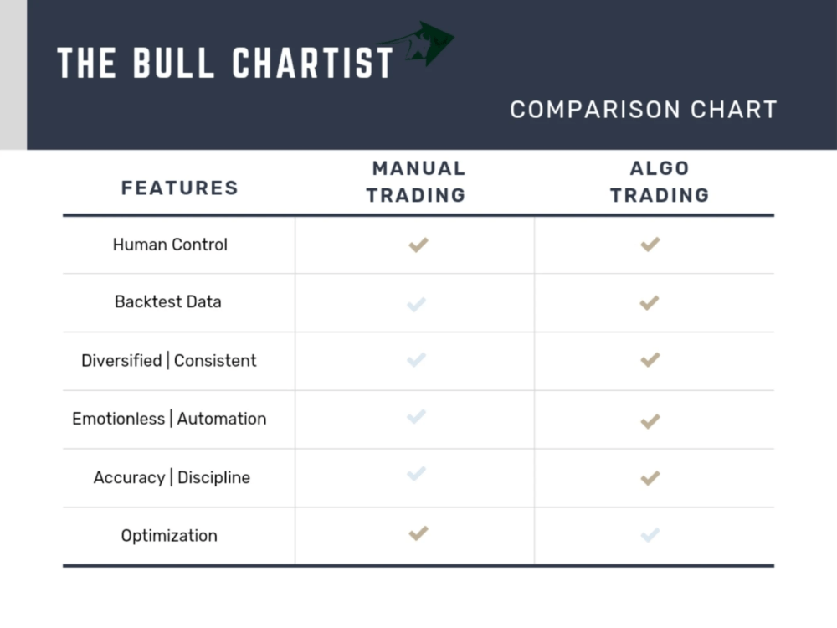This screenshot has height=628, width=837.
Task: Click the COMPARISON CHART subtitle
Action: tap(643, 110)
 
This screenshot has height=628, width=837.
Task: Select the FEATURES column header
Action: tap(179, 188)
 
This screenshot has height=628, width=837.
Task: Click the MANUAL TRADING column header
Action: tap(417, 182)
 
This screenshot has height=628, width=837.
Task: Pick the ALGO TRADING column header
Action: tap(659, 182)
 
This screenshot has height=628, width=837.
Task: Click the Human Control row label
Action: tap(170, 245)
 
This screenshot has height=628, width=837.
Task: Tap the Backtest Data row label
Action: tap(167, 301)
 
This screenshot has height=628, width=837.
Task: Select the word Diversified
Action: tap(121, 361)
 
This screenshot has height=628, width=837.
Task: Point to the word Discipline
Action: tap(213, 477)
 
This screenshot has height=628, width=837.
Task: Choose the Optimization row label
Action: tap(169, 536)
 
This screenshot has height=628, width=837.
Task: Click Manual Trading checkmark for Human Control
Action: tap(418, 245)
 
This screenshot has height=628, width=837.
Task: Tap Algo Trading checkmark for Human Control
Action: tap(650, 245)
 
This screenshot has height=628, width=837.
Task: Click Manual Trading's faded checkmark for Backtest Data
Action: tap(416, 304)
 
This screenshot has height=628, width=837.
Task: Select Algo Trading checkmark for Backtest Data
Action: tap(650, 302)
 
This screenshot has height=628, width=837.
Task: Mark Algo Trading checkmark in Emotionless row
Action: tap(650, 420)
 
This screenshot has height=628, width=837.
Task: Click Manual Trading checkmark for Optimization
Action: tap(418, 533)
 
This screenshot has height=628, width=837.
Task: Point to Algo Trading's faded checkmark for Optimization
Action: tap(650, 534)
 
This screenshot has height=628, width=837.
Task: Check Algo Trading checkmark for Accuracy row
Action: tap(650, 478)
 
